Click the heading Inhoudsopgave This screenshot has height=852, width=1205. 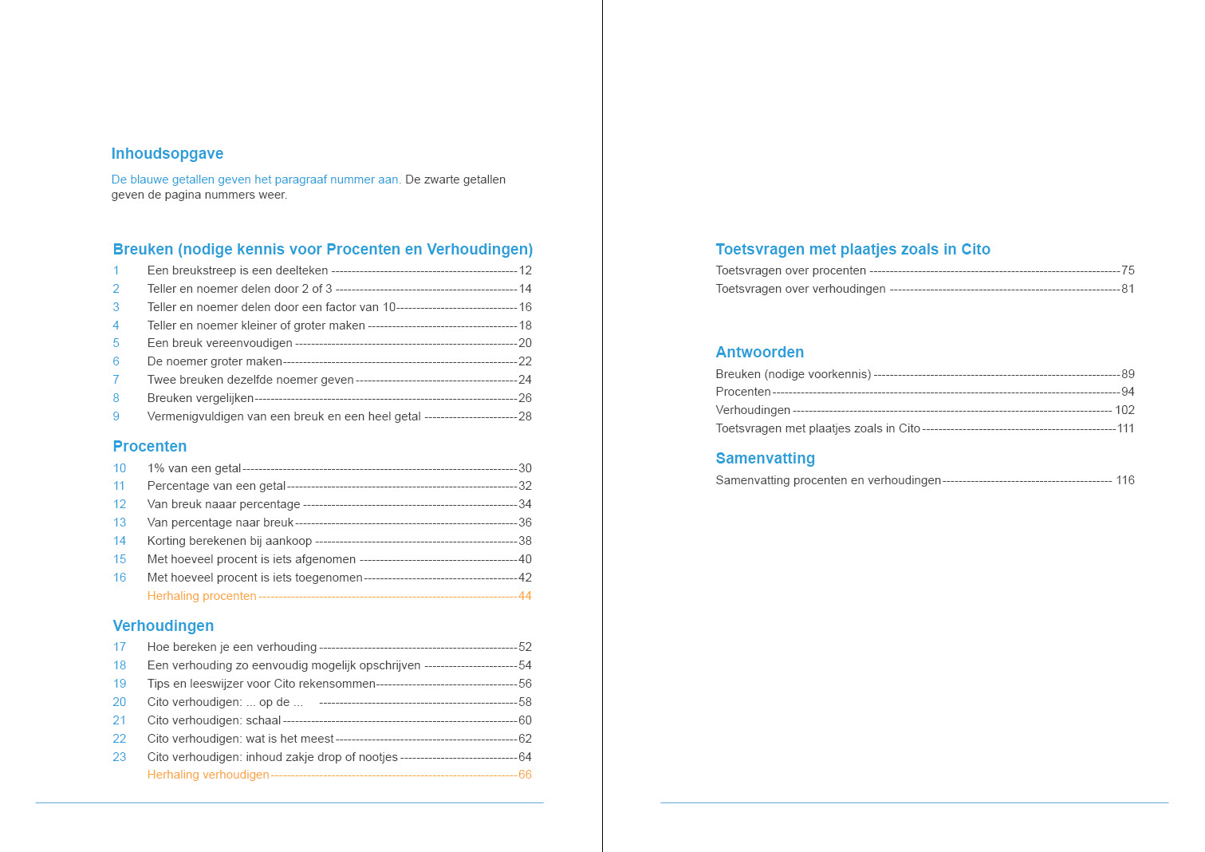167,154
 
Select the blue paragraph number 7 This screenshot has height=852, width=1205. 116,380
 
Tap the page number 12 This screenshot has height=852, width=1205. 525,270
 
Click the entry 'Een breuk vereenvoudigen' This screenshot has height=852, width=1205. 220,343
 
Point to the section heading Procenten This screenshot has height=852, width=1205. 150,447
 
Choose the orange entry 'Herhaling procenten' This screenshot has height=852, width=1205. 202,596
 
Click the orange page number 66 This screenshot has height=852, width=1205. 525,775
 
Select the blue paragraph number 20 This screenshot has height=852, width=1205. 120,702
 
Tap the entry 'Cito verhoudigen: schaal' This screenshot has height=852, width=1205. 214,720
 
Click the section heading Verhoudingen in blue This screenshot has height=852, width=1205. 163,626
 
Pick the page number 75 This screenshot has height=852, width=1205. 1128,270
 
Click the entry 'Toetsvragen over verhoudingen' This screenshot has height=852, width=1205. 801,289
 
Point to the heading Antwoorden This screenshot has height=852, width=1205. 760,353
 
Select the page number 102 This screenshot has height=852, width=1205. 1124,410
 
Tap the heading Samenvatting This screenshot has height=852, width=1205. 766,459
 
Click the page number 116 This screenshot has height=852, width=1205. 1124,480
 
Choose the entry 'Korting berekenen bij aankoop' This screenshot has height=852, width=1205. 230,541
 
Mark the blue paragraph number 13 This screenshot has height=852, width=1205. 120,523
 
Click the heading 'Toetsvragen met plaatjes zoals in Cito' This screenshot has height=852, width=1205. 853,250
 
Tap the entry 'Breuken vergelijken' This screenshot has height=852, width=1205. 200,398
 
